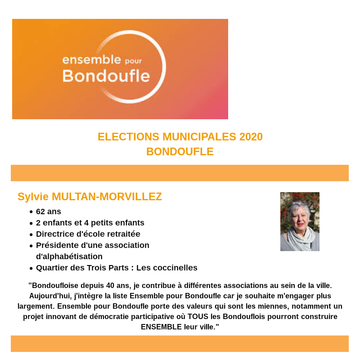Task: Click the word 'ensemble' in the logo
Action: pos(91,60)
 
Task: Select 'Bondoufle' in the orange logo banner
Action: pos(106,76)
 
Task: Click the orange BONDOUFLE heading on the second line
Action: pos(180,152)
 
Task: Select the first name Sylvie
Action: pos(33,197)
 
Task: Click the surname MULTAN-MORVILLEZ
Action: pos(107,197)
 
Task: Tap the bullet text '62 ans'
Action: pos(49,211)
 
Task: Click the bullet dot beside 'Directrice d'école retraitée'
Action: pos(31,234)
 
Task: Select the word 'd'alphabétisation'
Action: pos(69,256)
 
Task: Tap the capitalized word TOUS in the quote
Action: pos(198,316)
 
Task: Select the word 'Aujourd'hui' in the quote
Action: pos(49,296)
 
